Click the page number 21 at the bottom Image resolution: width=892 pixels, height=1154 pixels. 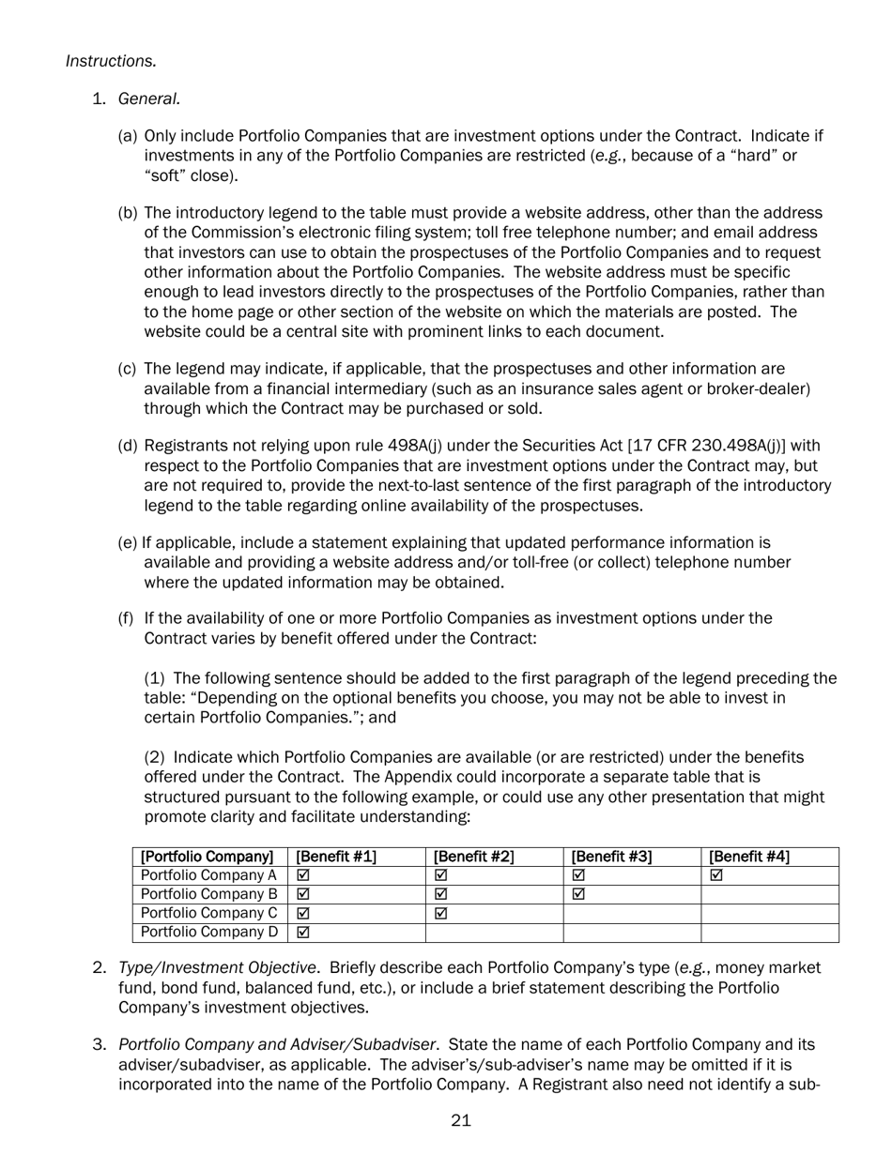point(460,1120)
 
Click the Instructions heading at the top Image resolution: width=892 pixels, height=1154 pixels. point(111,61)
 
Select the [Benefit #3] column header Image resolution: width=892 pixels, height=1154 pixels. point(611,857)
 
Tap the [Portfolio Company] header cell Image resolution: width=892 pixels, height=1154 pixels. point(207,857)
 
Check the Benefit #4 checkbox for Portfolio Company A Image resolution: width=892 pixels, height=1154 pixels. point(716,875)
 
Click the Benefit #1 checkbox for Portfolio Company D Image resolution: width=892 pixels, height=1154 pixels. point(302,933)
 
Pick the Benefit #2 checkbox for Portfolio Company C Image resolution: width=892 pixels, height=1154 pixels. point(440,913)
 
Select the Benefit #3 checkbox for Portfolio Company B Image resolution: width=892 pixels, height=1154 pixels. point(578,894)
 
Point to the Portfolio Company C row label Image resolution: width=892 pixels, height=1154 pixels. point(208,913)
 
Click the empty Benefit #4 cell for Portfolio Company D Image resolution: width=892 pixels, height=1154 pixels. point(769,933)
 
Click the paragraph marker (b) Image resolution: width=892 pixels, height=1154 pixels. point(128,213)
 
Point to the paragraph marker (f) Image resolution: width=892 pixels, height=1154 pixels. point(125,618)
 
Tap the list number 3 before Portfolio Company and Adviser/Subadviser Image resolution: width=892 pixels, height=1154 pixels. point(99,1044)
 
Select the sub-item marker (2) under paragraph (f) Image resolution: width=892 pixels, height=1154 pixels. point(155,757)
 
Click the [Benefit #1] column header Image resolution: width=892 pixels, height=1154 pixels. point(336,857)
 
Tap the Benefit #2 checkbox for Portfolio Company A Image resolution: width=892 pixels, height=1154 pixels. point(440,875)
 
